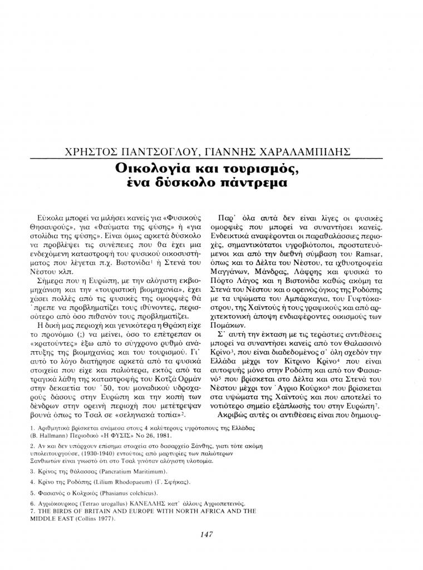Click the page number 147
(x=206, y=534)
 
